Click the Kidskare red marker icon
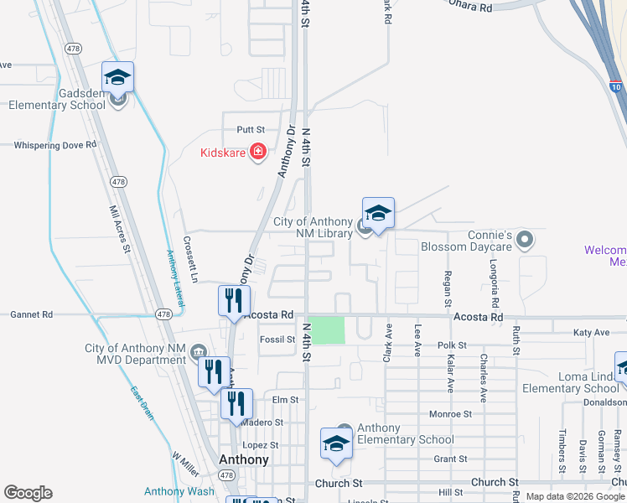(x=258, y=152)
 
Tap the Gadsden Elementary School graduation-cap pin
(x=118, y=78)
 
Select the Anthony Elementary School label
(x=406, y=433)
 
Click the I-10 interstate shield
(x=616, y=86)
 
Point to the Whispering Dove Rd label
(x=55, y=145)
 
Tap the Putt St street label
(x=250, y=130)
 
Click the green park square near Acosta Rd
(x=330, y=329)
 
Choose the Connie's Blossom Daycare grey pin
(x=526, y=241)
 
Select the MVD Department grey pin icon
(x=198, y=349)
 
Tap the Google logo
(x=28, y=492)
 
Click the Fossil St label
(x=277, y=340)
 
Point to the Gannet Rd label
(x=31, y=314)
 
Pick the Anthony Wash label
(x=179, y=491)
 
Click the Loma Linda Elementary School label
(x=571, y=382)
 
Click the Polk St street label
(x=451, y=345)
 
